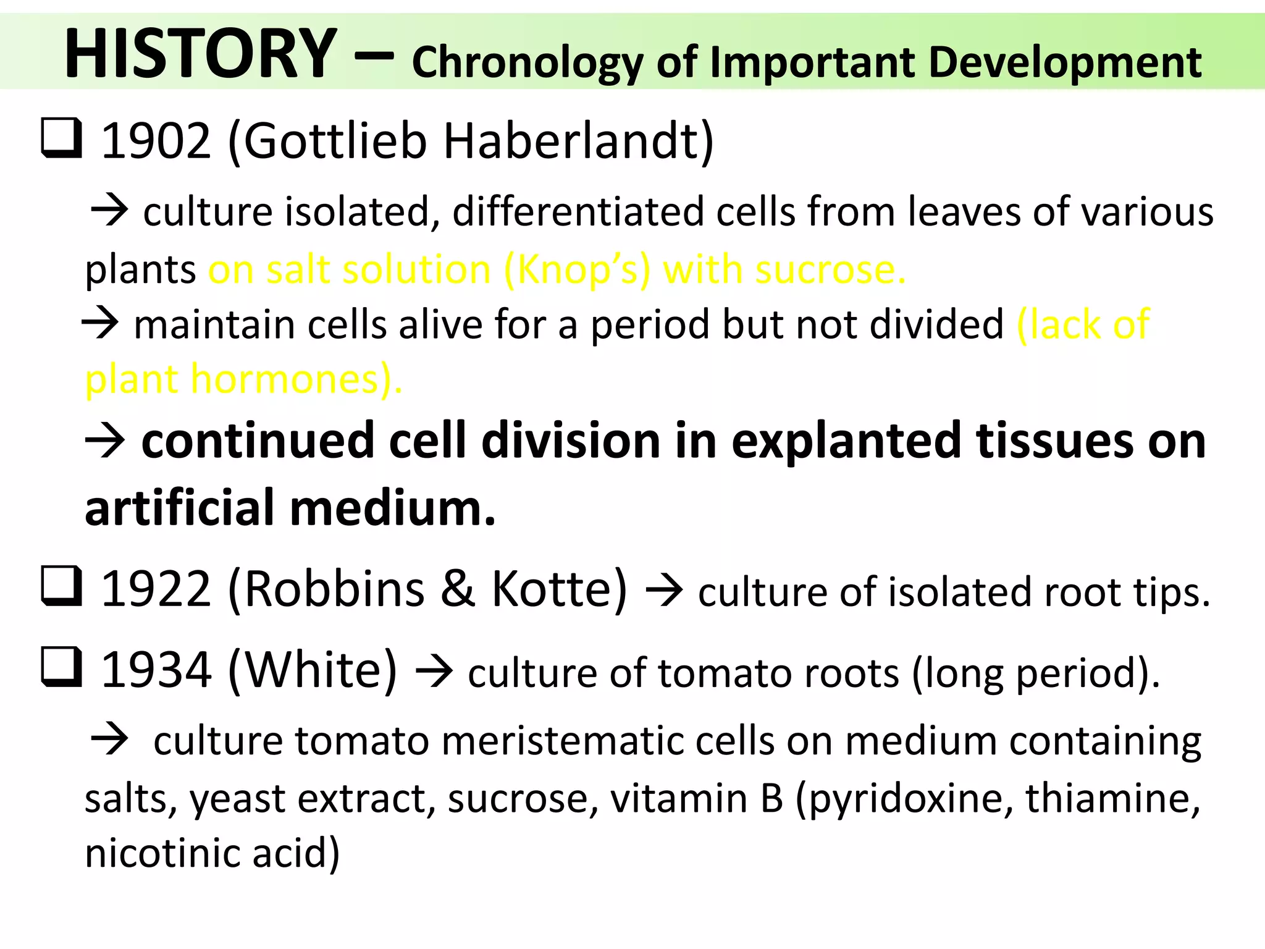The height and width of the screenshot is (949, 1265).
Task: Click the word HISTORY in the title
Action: tap(200, 54)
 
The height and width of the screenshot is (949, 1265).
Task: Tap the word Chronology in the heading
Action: tap(527, 63)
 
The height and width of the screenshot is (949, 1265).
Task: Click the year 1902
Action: tap(156, 141)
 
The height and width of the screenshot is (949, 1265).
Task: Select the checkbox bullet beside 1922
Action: tap(61, 586)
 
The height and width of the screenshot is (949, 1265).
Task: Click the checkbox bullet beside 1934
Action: tap(61, 667)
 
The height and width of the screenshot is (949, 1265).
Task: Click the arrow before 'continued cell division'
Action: tap(106, 441)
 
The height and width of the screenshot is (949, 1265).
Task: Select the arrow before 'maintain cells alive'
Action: tap(100, 323)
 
